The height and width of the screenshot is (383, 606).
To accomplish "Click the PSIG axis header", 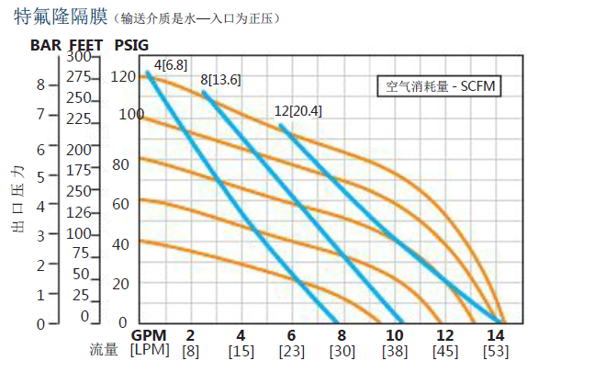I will coord(132,44).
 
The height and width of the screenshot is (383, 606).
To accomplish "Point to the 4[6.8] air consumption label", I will coord(170,64).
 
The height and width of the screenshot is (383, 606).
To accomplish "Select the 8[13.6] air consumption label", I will coord(220,80).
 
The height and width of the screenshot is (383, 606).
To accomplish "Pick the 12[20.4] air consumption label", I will coord(299,111).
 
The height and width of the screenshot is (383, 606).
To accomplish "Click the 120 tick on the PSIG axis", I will coord(123,76).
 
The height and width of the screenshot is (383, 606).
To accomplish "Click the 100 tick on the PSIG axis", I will coord(131,114).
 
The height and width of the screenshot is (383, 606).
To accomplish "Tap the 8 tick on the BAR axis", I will coord(40,84).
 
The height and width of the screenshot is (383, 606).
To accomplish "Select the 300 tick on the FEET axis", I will coord(78,57).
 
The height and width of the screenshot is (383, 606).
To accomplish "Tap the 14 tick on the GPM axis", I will coord(496,333).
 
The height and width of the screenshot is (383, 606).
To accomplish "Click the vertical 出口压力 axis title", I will coord(17,199).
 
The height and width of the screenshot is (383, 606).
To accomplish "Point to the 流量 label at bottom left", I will coord(103,350).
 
